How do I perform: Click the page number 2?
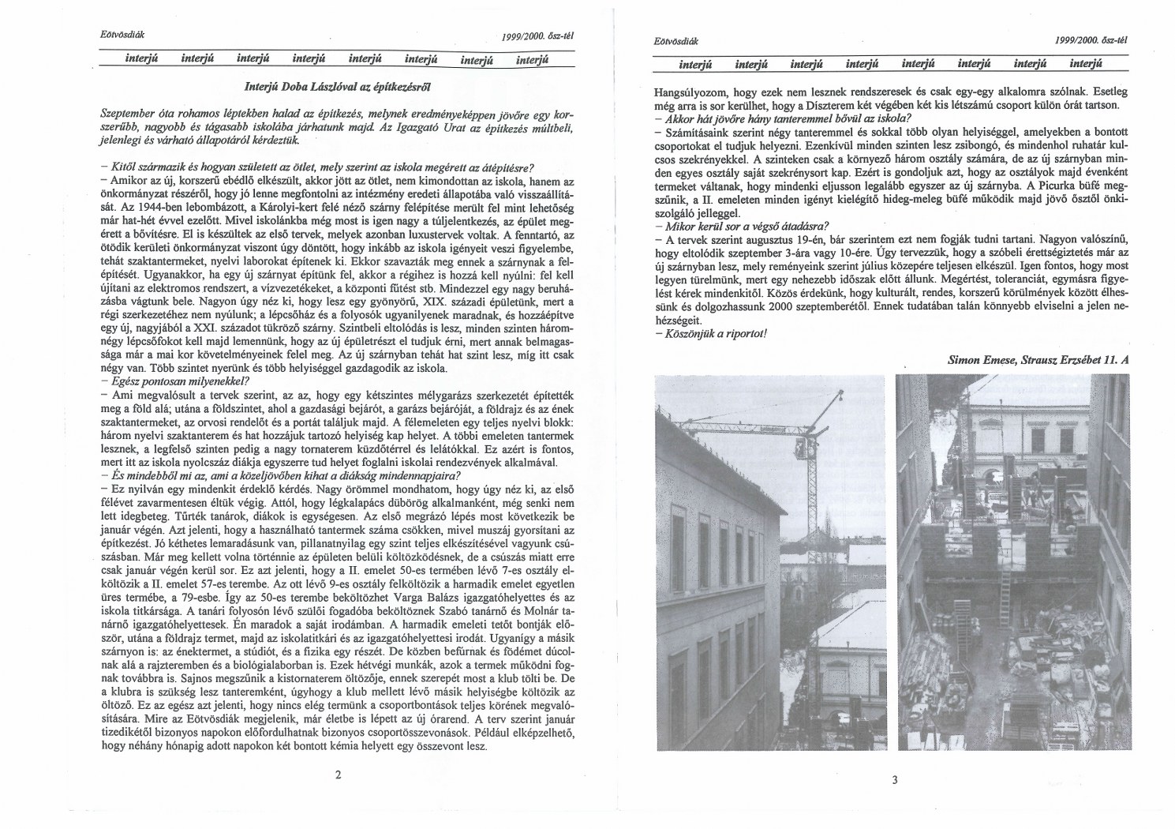(x=338, y=775)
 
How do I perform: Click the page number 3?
(x=894, y=781)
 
